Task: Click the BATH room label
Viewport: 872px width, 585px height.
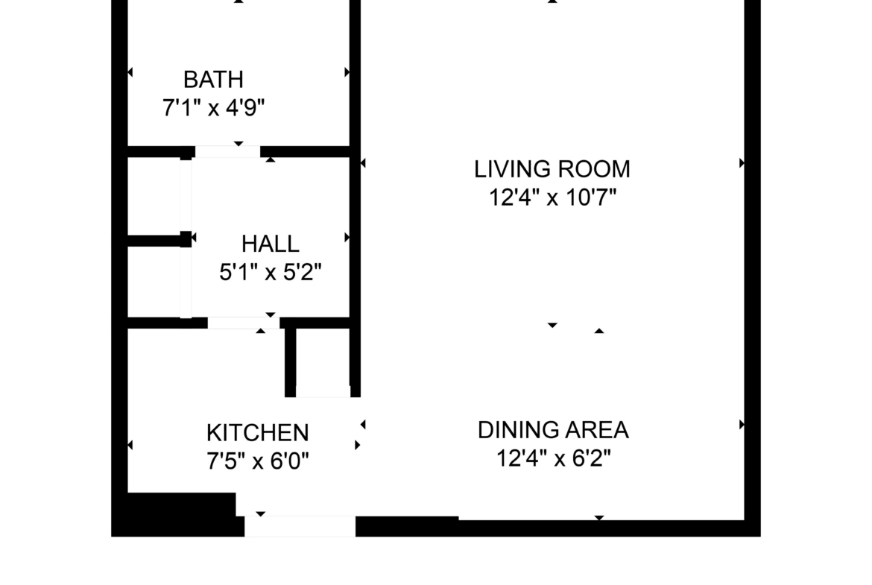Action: tap(214, 80)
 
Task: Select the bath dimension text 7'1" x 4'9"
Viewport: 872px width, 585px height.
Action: tap(214, 107)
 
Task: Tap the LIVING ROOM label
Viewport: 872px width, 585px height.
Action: tap(552, 169)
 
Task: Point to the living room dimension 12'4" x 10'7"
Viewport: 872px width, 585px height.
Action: tap(553, 197)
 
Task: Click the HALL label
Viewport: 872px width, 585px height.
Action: tap(271, 244)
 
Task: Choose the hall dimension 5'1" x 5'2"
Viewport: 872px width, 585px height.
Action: tap(271, 273)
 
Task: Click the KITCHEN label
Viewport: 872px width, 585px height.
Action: tap(257, 433)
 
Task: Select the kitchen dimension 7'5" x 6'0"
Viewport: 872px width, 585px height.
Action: tap(257, 461)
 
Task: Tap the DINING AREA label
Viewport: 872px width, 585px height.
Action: tap(553, 430)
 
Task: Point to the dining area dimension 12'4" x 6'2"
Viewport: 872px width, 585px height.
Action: tap(553, 459)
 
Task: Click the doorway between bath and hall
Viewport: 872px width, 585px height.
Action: tap(227, 152)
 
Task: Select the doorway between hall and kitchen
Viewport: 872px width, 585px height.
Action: tap(244, 323)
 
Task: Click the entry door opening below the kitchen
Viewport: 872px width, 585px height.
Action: tap(300, 526)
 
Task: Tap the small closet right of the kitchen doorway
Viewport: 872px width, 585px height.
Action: tap(323, 362)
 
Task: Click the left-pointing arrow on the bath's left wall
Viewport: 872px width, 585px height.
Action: tap(130, 72)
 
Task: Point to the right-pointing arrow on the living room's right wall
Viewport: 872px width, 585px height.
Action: tap(742, 163)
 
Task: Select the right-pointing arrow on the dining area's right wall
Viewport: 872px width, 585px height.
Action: tap(742, 425)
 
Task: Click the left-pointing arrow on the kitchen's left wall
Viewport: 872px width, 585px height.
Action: tap(130, 445)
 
